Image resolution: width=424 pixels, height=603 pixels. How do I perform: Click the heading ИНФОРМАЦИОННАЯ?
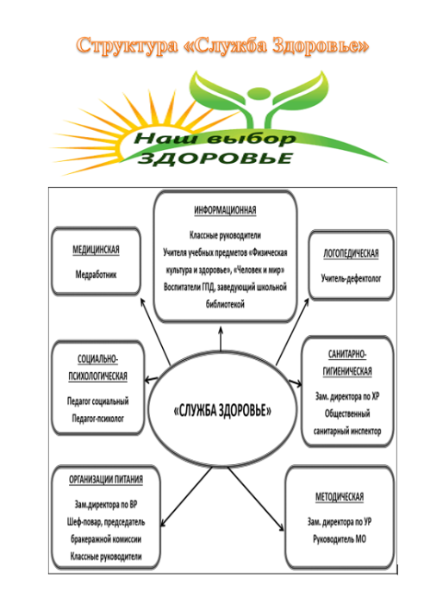tap(225, 210)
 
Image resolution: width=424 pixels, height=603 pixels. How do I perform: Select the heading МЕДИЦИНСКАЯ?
tap(96, 250)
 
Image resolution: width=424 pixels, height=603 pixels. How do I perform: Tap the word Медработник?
tap(96, 275)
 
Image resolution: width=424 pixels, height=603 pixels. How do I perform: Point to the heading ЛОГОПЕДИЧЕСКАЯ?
tap(351, 253)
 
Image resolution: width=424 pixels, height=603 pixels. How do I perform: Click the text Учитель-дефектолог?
tap(351, 278)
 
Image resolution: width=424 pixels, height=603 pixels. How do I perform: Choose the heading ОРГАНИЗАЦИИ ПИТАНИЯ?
tap(106, 480)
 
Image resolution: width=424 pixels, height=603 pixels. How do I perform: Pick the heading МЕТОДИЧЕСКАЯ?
tap(340, 497)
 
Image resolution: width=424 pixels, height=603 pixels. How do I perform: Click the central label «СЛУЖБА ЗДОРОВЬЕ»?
tap(222, 410)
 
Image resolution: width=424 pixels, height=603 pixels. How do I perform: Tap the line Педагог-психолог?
tap(97, 419)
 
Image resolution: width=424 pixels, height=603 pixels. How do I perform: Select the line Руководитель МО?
tap(340, 539)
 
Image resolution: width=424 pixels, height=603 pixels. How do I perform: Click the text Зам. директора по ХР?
tap(347, 396)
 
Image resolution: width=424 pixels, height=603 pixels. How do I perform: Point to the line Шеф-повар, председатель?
tap(106, 522)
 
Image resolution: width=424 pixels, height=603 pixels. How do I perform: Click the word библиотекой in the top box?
tap(225, 304)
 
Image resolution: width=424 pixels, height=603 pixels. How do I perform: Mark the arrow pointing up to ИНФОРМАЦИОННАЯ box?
tap(221, 339)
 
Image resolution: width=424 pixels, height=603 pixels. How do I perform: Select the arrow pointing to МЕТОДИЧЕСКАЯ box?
tap(255, 499)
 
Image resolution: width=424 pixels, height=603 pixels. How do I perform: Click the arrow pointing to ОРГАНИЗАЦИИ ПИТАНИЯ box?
tap(186, 496)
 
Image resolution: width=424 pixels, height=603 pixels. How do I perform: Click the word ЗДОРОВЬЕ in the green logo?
tap(215, 159)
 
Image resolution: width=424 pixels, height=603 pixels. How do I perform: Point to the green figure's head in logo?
tap(257, 93)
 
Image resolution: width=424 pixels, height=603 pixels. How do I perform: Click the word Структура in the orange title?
tap(128, 46)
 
